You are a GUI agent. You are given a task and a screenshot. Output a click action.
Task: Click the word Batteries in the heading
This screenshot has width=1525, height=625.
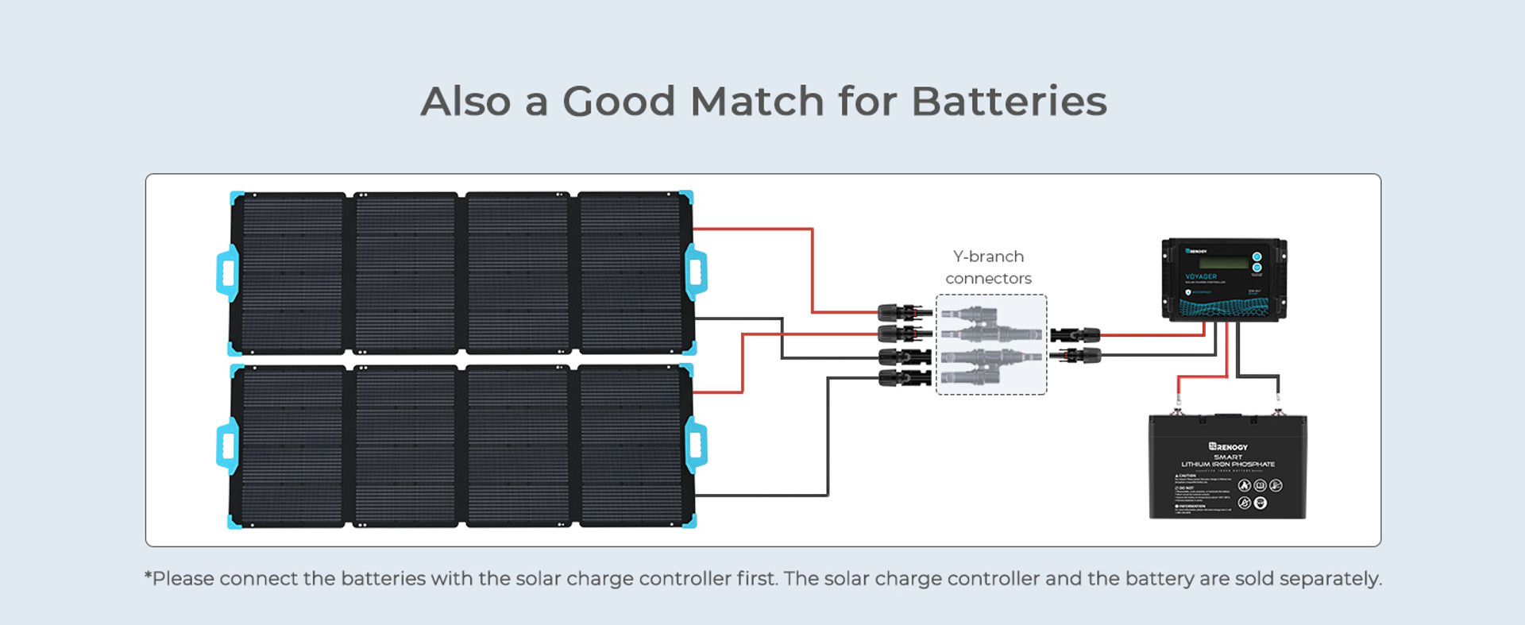coord(1009,102)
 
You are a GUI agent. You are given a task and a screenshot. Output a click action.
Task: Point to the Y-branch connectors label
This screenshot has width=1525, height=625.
coord(988,268)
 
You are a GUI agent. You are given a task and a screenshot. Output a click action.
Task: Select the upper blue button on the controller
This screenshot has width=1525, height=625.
coord(1257,257)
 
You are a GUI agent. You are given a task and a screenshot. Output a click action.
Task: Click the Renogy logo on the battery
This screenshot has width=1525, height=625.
coord(1228,447)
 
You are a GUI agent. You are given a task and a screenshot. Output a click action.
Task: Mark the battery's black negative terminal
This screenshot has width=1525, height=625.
coord(1277,410)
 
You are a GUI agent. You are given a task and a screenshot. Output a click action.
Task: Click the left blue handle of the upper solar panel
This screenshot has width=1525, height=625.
coord(227,273)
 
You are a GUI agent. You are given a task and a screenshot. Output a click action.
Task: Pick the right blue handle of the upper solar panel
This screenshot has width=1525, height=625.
coord(696,272)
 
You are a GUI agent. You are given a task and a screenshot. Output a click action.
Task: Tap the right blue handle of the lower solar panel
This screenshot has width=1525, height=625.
coord(696,446)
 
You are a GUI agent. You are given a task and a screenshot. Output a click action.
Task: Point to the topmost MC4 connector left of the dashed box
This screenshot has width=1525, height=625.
coord(904,312)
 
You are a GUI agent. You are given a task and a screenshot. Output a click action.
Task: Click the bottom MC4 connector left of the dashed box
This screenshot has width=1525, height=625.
coord(904,378)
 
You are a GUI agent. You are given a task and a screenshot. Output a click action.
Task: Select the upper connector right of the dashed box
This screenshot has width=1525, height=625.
coord(1075,334)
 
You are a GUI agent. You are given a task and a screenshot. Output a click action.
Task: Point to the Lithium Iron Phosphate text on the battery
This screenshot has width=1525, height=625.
coord(1228,465)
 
